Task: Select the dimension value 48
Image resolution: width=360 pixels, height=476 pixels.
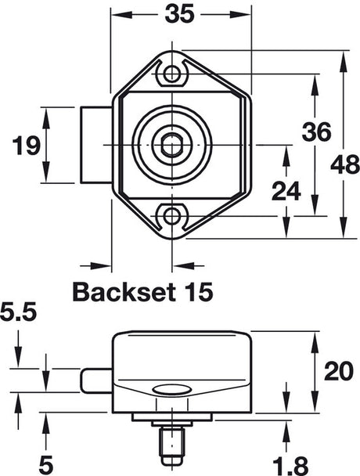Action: pyautogui.click(x=345, y=165)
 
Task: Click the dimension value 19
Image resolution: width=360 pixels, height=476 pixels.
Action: pyautogui.click(x=27, y=146)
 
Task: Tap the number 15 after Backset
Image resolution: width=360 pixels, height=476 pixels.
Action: pyautogui.click(x=196, y=292)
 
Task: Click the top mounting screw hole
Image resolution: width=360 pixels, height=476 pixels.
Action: pyautogui.click(x=171, y=74)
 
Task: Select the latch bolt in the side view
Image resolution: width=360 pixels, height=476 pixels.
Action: pyautogui.click(x=94, y=381)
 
